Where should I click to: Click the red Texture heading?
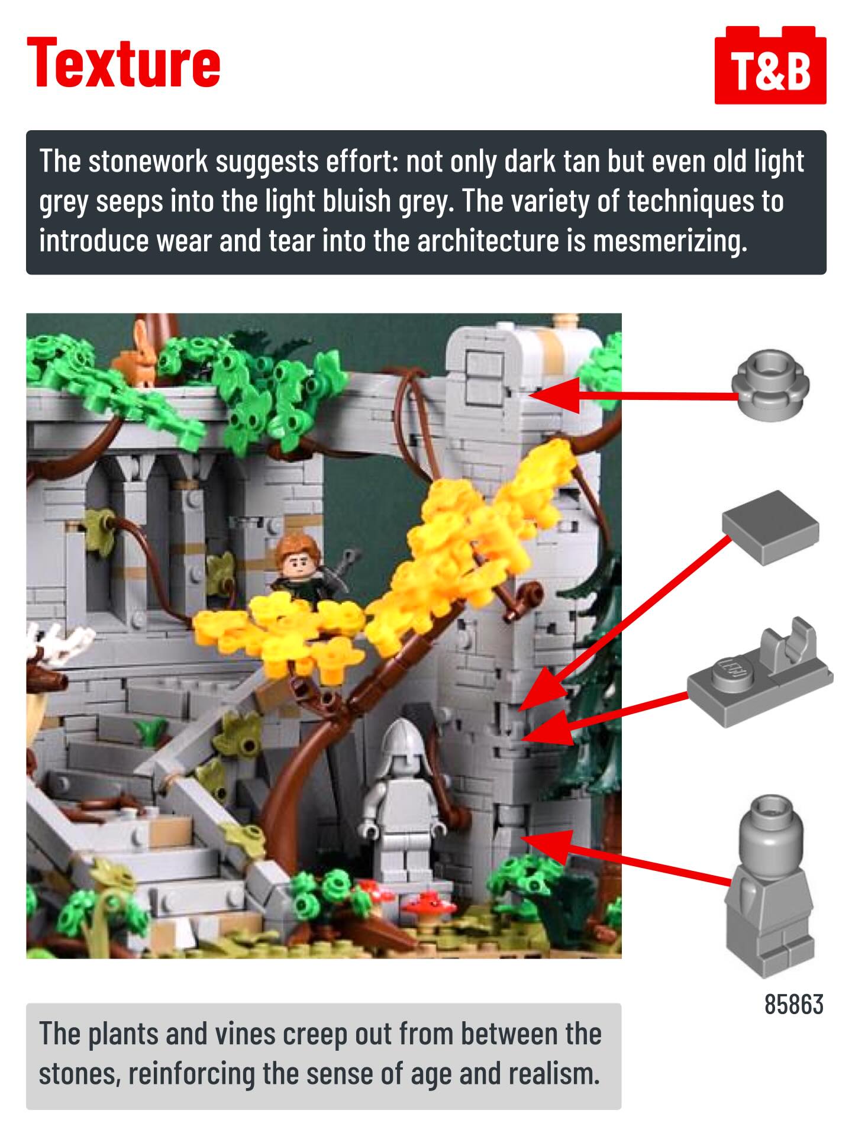point(124,63)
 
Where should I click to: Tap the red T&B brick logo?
point(770,65)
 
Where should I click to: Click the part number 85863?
point(793,1004)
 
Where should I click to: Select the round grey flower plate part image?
point(770,383)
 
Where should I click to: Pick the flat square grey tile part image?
point(770,527)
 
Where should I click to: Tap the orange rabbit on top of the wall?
point(137,355)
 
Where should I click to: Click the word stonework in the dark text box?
point(148,162)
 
